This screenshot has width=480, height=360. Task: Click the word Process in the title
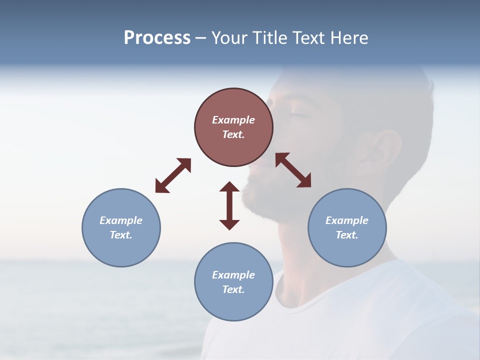click(157, 38)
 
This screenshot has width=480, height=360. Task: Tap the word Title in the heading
click(270, 38)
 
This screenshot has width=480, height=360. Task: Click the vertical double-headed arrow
click(229, 205)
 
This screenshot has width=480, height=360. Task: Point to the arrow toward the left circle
click(173, 175)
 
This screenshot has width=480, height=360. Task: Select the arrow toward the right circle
click(293, 170)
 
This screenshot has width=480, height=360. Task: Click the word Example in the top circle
click(233, 120)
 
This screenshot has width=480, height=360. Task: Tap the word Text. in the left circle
click(121, 235)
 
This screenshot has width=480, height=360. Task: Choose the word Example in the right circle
click(347, 220)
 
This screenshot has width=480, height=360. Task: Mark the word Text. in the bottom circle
click(233, 289)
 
